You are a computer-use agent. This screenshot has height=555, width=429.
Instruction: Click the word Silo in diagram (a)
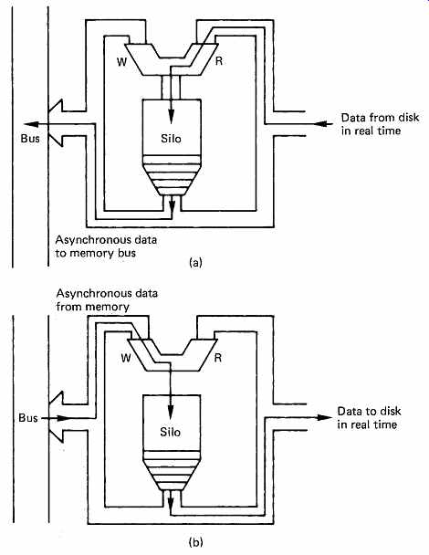(171, 139)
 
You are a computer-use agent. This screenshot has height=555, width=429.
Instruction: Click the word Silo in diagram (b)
(171, 432)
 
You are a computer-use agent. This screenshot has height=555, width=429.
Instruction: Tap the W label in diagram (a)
(121, 62)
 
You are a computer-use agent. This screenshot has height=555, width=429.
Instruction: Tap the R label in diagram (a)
(219, 61)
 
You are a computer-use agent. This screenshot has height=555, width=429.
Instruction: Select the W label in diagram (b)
(126, 358)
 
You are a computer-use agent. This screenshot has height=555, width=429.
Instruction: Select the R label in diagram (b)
(218, 358)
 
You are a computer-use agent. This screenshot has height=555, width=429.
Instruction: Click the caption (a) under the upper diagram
(195, 262)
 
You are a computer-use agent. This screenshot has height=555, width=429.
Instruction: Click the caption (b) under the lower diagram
(195, 542)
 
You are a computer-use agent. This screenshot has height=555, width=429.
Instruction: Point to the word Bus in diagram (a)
(30, 138)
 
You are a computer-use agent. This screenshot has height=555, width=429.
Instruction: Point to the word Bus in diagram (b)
(28, 418)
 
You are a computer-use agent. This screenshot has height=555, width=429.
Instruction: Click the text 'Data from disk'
(380, 117)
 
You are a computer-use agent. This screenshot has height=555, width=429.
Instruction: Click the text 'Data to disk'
(369, 411)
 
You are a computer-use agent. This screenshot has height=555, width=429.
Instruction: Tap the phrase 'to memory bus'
(96, 253)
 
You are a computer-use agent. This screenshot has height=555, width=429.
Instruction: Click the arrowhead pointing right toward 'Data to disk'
(324, 417)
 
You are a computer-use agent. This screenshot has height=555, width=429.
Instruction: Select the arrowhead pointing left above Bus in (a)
(31, 124)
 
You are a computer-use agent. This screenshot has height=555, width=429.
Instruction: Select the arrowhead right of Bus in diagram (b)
(64, 418)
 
